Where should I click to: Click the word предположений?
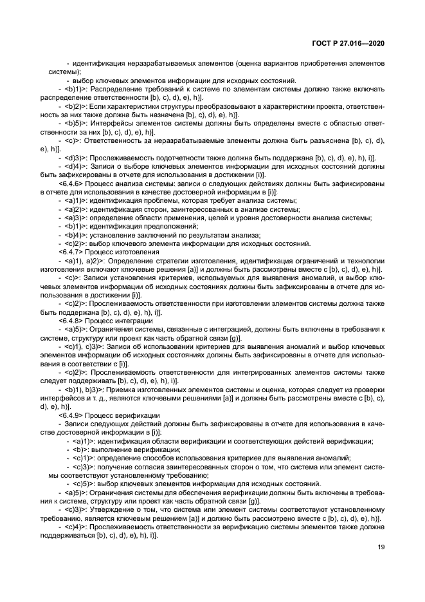click(x=150, y=226)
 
